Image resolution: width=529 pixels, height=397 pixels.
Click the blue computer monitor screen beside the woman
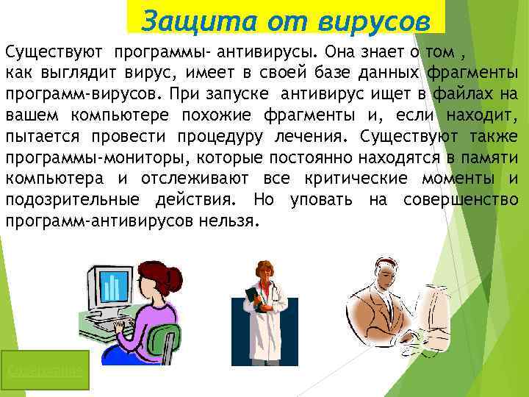111,287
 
